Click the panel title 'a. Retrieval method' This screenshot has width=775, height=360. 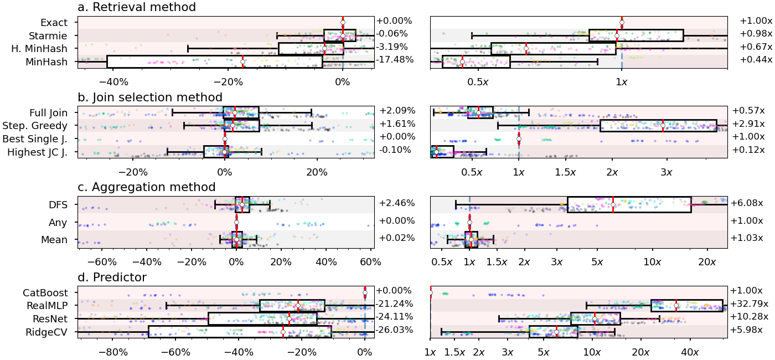coord(137,7)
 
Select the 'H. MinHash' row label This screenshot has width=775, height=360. coord(39,49)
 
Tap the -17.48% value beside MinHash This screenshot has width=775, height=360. coord(395,60)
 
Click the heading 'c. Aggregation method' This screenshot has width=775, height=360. coord(147,187)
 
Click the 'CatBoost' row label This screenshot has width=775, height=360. coord(45,292)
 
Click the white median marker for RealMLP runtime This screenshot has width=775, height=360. coord(676,306)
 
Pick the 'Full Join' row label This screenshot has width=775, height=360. coord(46,112)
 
